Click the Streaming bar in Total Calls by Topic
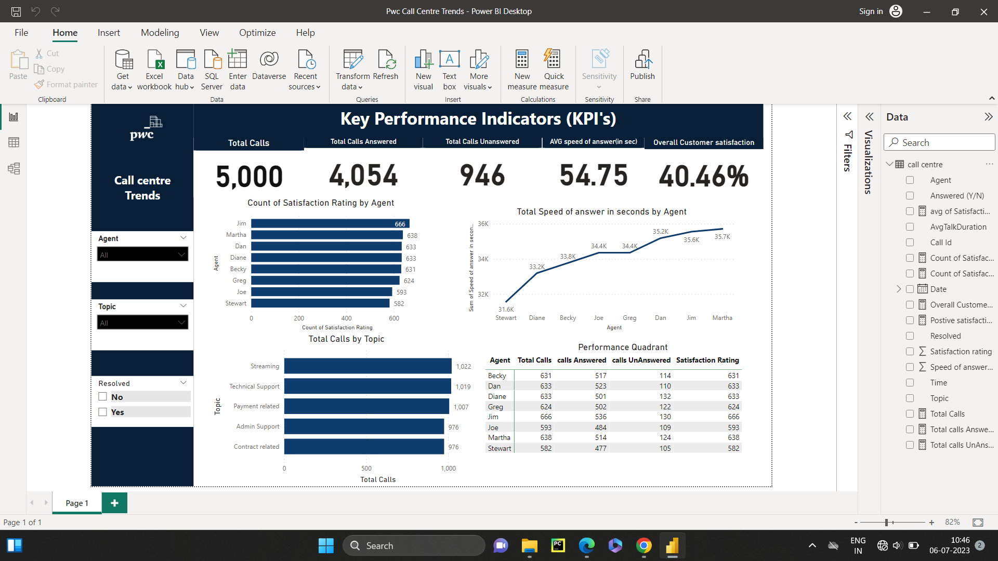coord(367,366)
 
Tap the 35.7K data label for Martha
coord(722,237)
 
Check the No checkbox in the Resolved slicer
coord(102,397)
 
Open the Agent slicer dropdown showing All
coord(142,255)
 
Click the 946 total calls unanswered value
coord(482,176)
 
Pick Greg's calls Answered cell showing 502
coord(600,407)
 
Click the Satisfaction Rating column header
coord(707,360)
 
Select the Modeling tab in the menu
coord(160,33)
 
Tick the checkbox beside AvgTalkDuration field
coord(910,227)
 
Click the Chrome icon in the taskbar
coord(644,545)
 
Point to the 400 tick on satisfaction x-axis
coord(346,318)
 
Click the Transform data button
coord(353,70)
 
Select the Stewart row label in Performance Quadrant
coord(499,448)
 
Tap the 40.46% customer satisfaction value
coord(703,177)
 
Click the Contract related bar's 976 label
coord(453,447)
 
